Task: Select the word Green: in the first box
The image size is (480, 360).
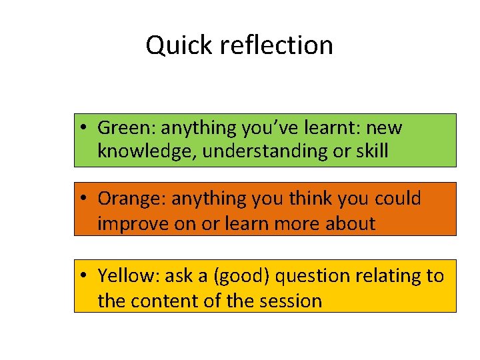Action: pyautogui.click(x=127, y=127)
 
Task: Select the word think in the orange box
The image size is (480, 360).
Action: pyautogui.click(x=309, y=199)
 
